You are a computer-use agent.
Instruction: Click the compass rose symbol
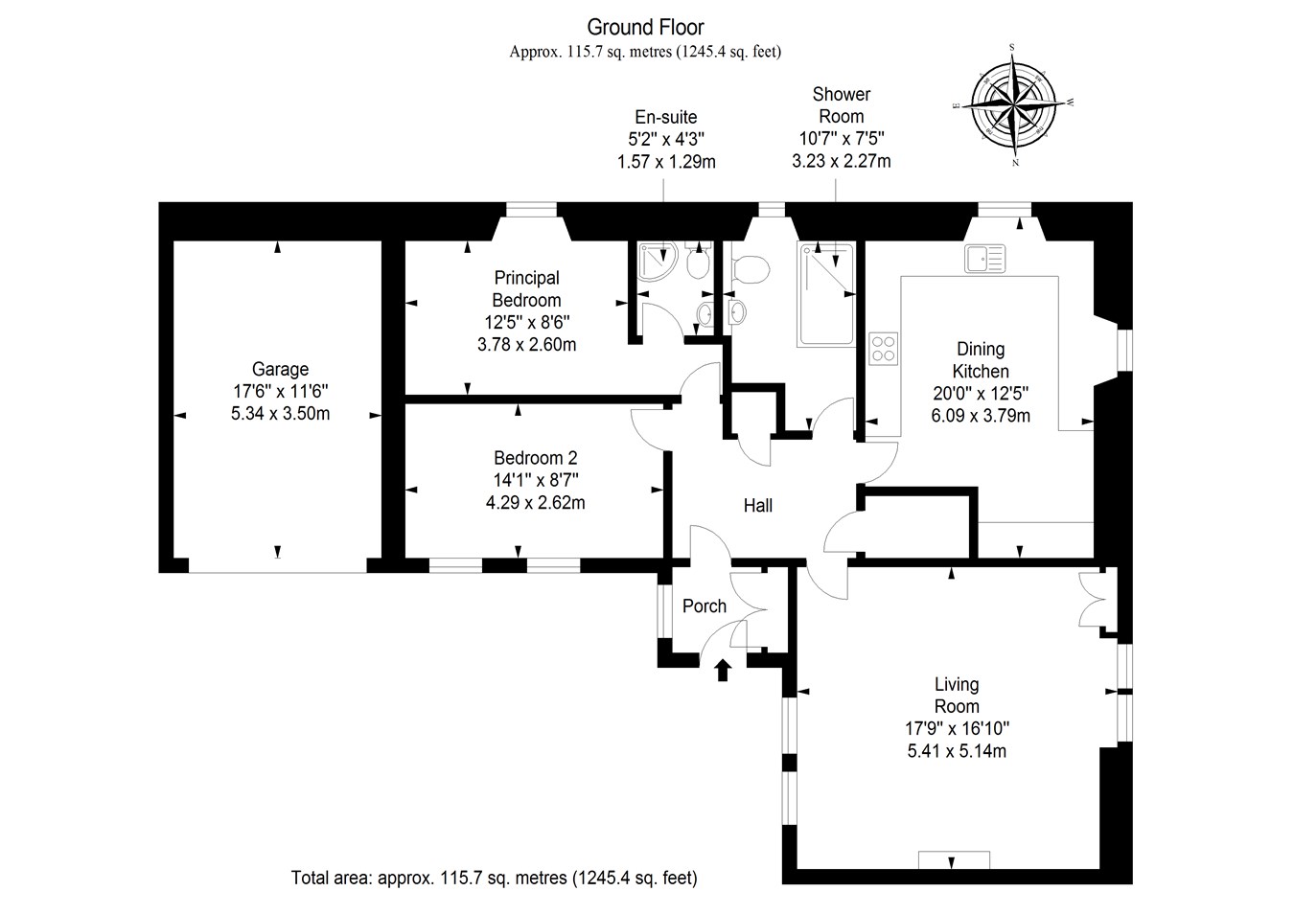[1014, 103]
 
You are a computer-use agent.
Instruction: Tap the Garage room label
[280, 369]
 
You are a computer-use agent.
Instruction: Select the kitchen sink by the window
[985, 257]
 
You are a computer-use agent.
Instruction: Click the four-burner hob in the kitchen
[883, 348]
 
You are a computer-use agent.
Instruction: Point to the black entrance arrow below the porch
[723, 669]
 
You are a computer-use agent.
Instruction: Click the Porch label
[705, 606]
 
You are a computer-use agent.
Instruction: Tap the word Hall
[758, 505]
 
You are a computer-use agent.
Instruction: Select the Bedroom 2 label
[535, 458]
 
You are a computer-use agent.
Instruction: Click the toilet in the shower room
[750, 269]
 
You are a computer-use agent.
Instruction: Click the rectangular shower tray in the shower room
[825, 293]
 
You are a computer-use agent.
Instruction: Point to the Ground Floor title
[645, 27]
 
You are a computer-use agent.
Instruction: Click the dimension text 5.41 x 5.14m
[957, 751]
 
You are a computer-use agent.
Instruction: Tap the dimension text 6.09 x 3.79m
[981, 415]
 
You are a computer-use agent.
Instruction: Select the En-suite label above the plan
[666, 118]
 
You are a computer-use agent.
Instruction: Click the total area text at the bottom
[494, 877]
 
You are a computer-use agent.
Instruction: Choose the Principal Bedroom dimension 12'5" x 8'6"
[526, 322]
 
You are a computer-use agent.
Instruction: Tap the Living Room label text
[957, 695]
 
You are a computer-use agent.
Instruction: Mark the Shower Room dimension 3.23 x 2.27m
[841, 161]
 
